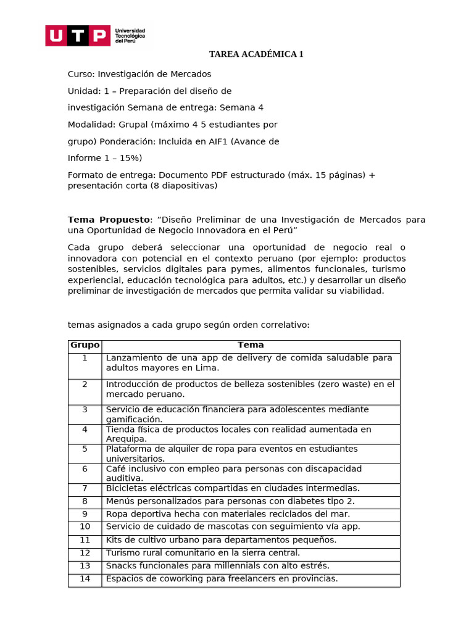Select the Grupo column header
pos(85,345)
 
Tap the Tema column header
pos(251,345)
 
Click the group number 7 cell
pos(85,488)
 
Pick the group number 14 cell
pos(85,578)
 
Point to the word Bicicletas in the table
pos(126,488)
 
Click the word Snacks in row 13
pos(120,565)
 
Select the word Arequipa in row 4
pos(126,439)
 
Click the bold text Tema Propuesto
pos(109,220)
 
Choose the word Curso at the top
pos(81,74)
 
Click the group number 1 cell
pos(85,358)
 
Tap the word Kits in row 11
pos(115,539)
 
